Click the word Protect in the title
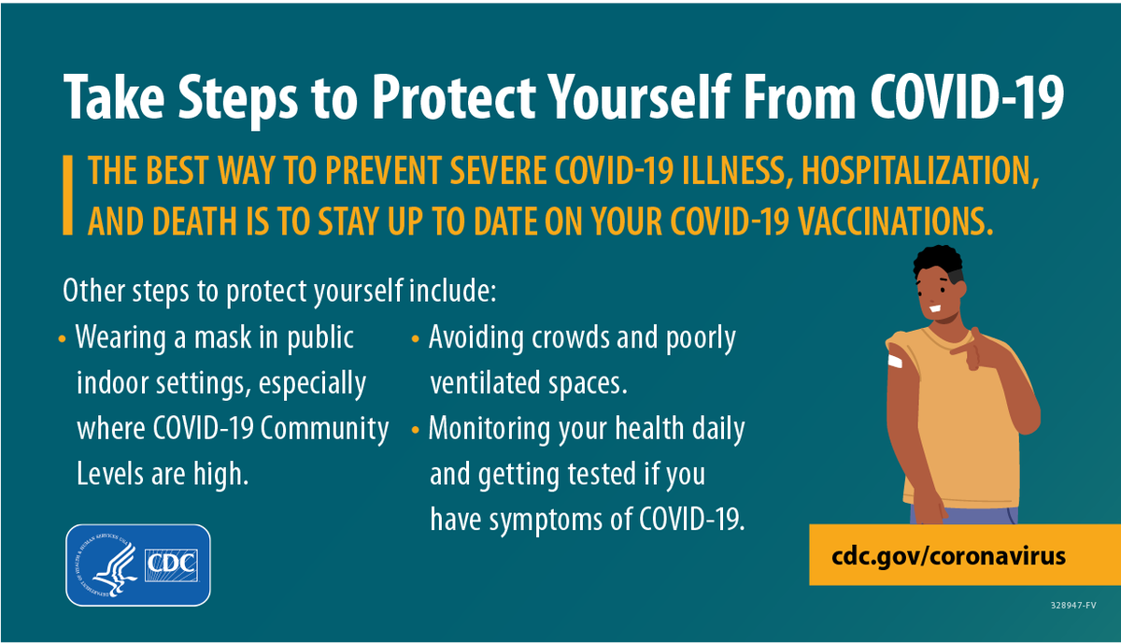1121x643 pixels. (454, 96)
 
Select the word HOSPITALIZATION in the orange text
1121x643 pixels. (920, 171)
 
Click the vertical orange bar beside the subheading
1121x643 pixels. (67, 194)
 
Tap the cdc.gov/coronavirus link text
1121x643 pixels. (949, 556)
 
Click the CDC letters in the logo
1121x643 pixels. (171, 564)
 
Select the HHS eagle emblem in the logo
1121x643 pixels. (107, 564)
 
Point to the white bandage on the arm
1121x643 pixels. (895, 360)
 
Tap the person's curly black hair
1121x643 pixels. (938, 262)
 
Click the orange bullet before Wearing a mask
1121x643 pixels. (62, 339)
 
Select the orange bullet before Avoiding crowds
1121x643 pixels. (415, 339)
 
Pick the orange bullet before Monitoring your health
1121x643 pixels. (415, 430)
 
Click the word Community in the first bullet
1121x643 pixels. (324, 430)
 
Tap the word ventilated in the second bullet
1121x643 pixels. (485, 382)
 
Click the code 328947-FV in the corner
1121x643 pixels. (1073, 606)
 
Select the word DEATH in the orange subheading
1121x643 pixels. (194, 221)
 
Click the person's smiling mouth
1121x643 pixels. (935, 308)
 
